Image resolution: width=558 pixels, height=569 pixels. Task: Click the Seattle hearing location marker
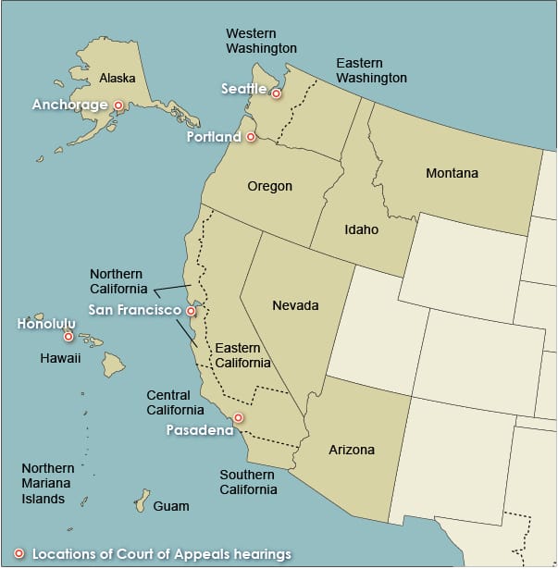(276, 93)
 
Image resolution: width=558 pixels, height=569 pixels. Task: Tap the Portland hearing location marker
(251, 137)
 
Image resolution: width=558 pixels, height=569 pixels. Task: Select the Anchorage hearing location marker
(118, 105)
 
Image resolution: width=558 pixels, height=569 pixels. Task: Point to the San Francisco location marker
(192, 311)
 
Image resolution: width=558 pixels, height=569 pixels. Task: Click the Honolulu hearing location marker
(68, 337)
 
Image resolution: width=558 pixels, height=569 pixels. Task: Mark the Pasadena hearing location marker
(238, 418)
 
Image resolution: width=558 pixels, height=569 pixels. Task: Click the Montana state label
(452, 173)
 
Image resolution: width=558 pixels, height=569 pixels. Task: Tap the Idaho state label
(361, 229)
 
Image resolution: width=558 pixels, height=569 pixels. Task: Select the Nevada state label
(295, 305)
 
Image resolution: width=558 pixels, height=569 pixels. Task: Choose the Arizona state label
(352, 450)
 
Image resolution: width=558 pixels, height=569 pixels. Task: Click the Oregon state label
(269, 186)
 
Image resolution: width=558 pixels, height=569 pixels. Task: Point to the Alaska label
(118, 78)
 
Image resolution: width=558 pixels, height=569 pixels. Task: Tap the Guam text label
(171, 506)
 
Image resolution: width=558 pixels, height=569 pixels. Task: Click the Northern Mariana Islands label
(48, 484)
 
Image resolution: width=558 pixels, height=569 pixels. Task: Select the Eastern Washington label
(371, 70)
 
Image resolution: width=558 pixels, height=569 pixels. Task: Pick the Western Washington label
(262, 41)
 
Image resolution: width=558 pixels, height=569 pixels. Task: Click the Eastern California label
(242, 355)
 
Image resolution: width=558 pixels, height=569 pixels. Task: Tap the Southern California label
(248, 482)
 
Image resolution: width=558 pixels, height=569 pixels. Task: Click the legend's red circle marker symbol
(19, 554)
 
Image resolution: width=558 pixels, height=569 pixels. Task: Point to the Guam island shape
(142, 501)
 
